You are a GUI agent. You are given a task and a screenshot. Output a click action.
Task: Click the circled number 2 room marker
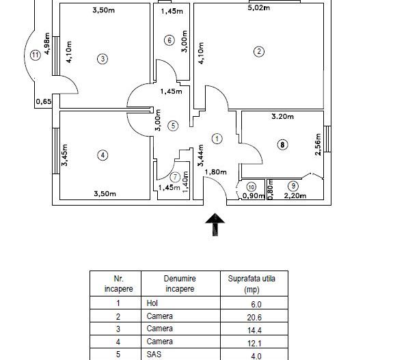(258, 51)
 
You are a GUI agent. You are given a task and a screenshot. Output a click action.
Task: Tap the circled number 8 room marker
(282, 144)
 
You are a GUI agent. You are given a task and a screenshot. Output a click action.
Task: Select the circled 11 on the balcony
(36, 55)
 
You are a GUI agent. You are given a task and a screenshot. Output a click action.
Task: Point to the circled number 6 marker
(169, 40)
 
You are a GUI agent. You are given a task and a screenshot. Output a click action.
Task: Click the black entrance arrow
(215, 225)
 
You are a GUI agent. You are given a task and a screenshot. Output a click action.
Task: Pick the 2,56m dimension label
(318, 144)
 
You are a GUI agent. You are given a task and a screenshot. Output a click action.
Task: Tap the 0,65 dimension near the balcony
(44, 102)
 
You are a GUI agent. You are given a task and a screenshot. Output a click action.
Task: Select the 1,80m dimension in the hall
(215, 172)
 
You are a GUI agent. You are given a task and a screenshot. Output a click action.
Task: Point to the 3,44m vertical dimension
(201, 155)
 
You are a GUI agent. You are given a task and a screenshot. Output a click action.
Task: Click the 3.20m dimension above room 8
(282, 116)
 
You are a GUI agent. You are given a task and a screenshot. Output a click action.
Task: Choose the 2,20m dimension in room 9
(295, 195)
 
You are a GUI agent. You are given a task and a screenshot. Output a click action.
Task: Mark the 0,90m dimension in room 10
(254, 195)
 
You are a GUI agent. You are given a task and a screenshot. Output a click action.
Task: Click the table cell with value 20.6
(254, 318)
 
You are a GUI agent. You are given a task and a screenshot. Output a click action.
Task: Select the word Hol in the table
(152, 303)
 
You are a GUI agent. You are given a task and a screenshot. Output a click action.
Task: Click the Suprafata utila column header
(251, 283)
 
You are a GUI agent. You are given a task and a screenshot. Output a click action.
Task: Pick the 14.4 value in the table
(254, 331)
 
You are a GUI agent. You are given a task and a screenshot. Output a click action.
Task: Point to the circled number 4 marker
(103, 155)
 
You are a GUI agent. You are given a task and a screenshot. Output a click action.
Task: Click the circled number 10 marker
(251, 186)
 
